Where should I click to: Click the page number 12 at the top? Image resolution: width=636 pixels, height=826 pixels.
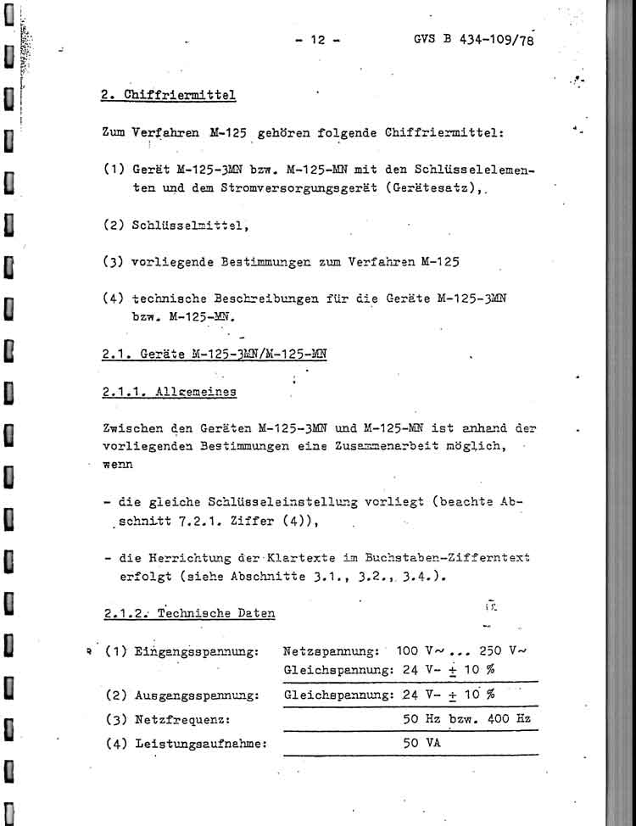(318, 40)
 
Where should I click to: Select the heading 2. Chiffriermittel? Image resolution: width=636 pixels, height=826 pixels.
(168, 95)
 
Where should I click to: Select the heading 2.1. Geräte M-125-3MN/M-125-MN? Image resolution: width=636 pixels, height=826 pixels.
(214, 354)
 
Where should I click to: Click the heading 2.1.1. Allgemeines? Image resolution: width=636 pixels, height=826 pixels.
(169, 392)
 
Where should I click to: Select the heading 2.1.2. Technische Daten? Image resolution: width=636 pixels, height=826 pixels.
(187, 612)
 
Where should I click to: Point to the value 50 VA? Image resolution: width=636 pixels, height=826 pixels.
(421, 744)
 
